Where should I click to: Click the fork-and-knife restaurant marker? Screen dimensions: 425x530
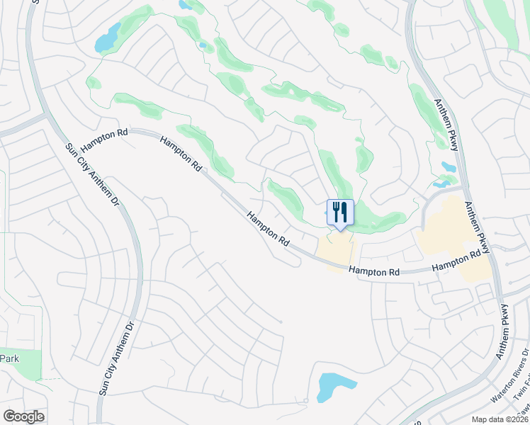click(x=340, y=212)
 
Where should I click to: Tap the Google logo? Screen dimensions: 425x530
click(x=23, y=416)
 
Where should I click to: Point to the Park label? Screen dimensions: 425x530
click(x=9, y=358)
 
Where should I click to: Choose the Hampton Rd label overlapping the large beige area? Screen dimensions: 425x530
click(x=461, y=261)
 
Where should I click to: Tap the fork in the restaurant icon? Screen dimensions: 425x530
click(x=336, y=211)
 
